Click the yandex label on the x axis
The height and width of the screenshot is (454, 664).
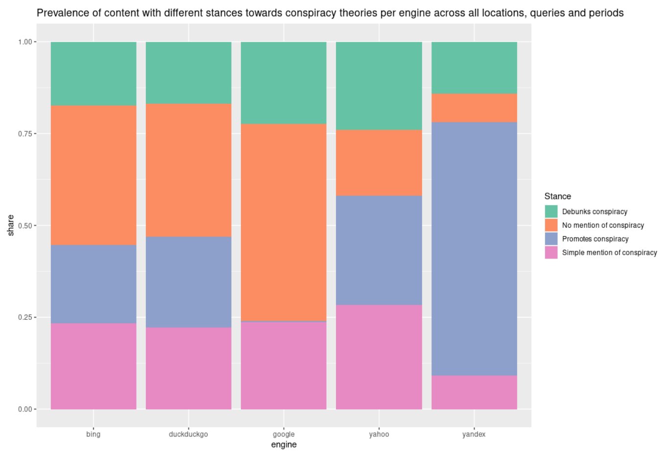click(x=474, y=435)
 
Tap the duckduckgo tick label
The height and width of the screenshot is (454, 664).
click(x=188, y=435)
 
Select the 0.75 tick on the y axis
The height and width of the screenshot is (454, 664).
click(x=25, y=134)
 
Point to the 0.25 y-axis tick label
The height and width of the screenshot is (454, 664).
click(x=25, y=317)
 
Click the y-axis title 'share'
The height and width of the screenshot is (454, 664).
click(x=11, y=225)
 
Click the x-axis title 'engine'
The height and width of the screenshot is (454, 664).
click(x=284, y=445)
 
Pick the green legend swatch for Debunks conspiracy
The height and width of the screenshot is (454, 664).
click(x=551, y=212)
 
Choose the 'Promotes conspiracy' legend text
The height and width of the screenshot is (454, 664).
click(x=595, y=239)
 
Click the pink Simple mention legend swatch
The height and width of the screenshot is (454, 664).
click(x=551, y=252)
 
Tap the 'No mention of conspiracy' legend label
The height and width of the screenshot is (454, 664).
click(x=603, y=225)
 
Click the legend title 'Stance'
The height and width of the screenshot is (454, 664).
click(x=558, y=196)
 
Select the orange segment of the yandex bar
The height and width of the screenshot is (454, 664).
click(x=474, y=108)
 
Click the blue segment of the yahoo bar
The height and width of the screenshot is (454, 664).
click(x=379, y=250)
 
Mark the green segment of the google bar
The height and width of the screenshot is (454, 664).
click(x=284, y=83)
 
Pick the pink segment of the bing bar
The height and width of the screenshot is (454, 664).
click(x=94, y=366)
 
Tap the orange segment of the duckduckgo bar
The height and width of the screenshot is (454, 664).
click(x=189, y=170)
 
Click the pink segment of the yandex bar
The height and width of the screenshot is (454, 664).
click(x=474, y=392)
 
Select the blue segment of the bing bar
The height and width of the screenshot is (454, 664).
click(x=94, y=284)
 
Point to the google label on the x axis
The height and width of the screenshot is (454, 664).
click(x=284, y=435)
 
